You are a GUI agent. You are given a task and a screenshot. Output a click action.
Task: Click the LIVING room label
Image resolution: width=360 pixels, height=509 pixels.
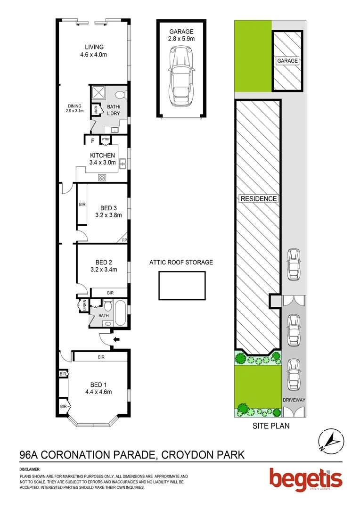click(x=94, y=51)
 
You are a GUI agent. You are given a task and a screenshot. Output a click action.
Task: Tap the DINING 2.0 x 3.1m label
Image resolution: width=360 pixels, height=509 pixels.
click(x=75, y=108)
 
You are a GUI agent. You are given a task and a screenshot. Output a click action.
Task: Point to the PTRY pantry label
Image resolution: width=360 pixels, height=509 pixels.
click(x=105, y=140)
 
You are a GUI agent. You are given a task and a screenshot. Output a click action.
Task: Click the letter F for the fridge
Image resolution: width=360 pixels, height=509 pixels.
click(x=92, y=140)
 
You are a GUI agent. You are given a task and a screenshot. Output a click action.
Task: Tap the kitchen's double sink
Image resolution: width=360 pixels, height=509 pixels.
click(x=122, y=164)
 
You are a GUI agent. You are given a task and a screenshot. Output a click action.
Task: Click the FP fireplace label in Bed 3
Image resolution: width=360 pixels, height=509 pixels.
click(x=124, y=240)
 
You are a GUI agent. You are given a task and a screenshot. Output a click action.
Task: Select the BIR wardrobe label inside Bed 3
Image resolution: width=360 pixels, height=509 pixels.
click(x=82, y=205)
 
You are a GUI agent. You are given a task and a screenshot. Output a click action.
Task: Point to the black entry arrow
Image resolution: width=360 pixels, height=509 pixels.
click(x=116, y=339)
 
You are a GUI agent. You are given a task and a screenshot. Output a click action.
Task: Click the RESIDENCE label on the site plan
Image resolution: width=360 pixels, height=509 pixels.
click(x=259, y=199)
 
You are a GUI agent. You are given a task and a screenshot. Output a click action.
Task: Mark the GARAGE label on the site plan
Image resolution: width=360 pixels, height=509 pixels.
click(x=287, y=61)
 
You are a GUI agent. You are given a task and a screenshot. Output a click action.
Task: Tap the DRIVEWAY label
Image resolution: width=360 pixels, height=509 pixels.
click(x=294, y=400)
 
